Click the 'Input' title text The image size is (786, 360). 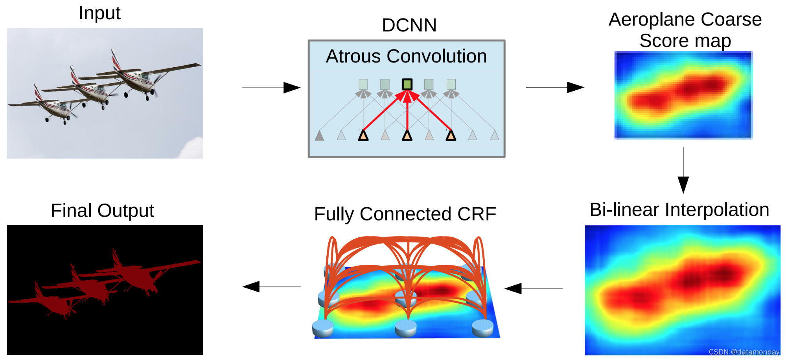(99, 13)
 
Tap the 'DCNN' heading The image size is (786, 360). (409, 25)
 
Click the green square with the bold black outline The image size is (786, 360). (407, 84)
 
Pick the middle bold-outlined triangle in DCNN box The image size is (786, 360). (407, 136)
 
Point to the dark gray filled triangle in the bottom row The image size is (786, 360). (319, 136)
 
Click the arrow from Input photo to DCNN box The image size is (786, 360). (271, 88)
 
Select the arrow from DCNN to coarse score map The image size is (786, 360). (554, 87)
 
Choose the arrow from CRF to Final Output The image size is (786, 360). (271, 287)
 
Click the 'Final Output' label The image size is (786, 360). (102, 211)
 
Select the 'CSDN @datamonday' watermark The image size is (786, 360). (744, 352)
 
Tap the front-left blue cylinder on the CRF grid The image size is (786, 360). (323, 328)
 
